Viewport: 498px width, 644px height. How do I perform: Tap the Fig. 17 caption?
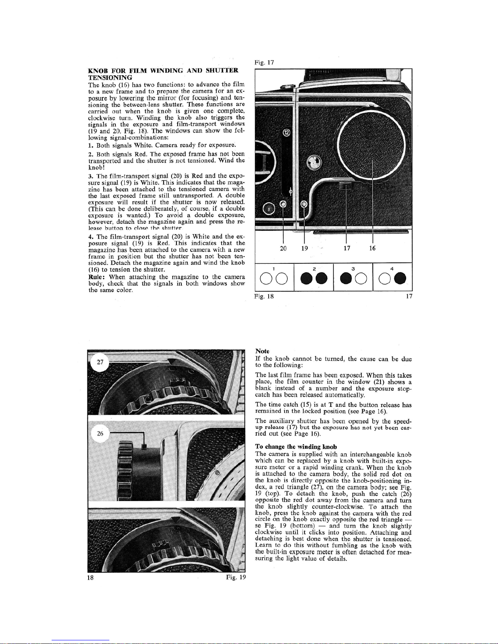coord(264,62)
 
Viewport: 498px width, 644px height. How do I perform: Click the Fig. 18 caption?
coord(264,296)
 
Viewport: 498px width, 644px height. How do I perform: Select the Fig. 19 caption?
coord(236,577)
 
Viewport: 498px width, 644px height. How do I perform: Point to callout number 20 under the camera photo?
coord(283,248)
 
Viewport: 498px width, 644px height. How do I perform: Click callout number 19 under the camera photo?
coord(304,248)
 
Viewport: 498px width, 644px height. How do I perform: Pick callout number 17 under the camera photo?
coord(346,248)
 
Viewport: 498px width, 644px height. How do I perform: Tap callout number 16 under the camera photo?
coord(372,248)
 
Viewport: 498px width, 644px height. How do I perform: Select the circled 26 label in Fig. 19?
coord(100,434)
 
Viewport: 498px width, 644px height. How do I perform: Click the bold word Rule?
coord(97,277)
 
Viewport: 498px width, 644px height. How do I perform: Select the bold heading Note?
coord(262,351)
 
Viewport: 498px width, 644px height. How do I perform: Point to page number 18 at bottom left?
coord(92,577)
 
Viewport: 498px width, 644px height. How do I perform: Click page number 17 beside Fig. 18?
coord(409,296)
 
